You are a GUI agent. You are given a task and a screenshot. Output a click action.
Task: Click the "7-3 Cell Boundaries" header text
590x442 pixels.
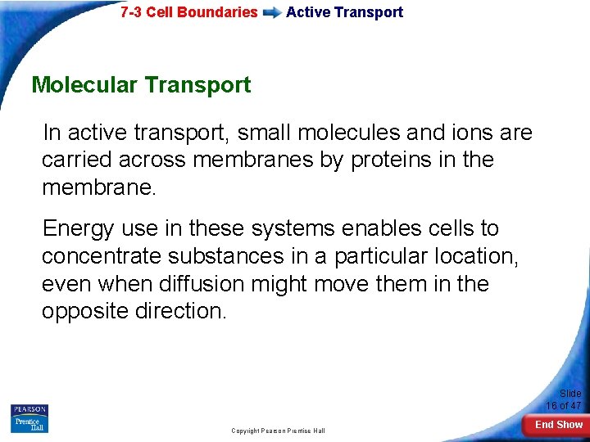point(188,12)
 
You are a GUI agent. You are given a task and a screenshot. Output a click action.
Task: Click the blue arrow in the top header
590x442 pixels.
point(271,13)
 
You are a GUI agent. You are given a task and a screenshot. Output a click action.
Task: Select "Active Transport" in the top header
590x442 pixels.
point(344,12)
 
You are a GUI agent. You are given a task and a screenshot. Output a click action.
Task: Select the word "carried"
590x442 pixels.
point(77,160)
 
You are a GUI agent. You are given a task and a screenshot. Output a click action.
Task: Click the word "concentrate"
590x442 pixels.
point(102,256)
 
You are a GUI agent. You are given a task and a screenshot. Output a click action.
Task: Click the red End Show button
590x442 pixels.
point(558,425)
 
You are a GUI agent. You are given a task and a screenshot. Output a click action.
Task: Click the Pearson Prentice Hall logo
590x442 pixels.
point(29,418)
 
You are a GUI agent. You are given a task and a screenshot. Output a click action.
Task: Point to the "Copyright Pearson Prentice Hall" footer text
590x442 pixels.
point(278,431)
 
